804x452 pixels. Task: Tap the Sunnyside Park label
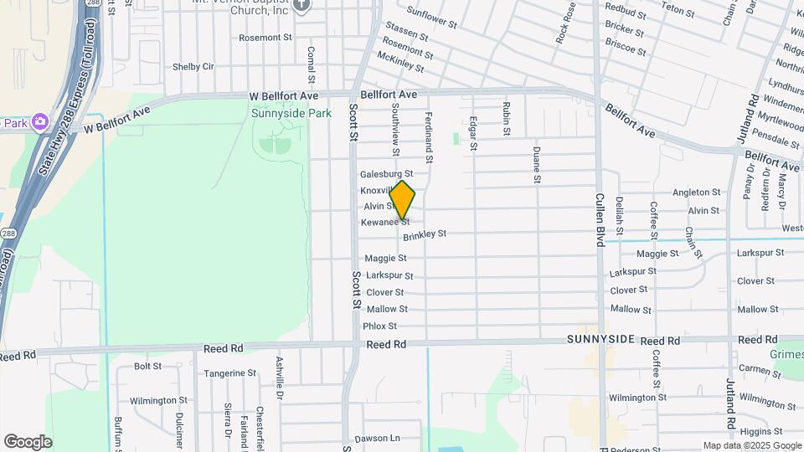click(291, 114)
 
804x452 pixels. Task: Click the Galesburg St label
click(386, 174)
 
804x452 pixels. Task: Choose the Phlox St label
click(380, 326)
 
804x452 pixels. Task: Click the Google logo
click(28, 441)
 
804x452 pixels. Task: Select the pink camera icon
click(39, 123)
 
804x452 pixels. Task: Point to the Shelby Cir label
click(193, 67)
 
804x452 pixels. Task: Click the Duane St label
click(536, 165)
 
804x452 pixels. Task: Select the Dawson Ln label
click(378, 438)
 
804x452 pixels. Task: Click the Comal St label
click(310, 64)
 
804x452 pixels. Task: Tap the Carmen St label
click(760, 368)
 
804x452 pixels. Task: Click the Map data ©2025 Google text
click(751, 445)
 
